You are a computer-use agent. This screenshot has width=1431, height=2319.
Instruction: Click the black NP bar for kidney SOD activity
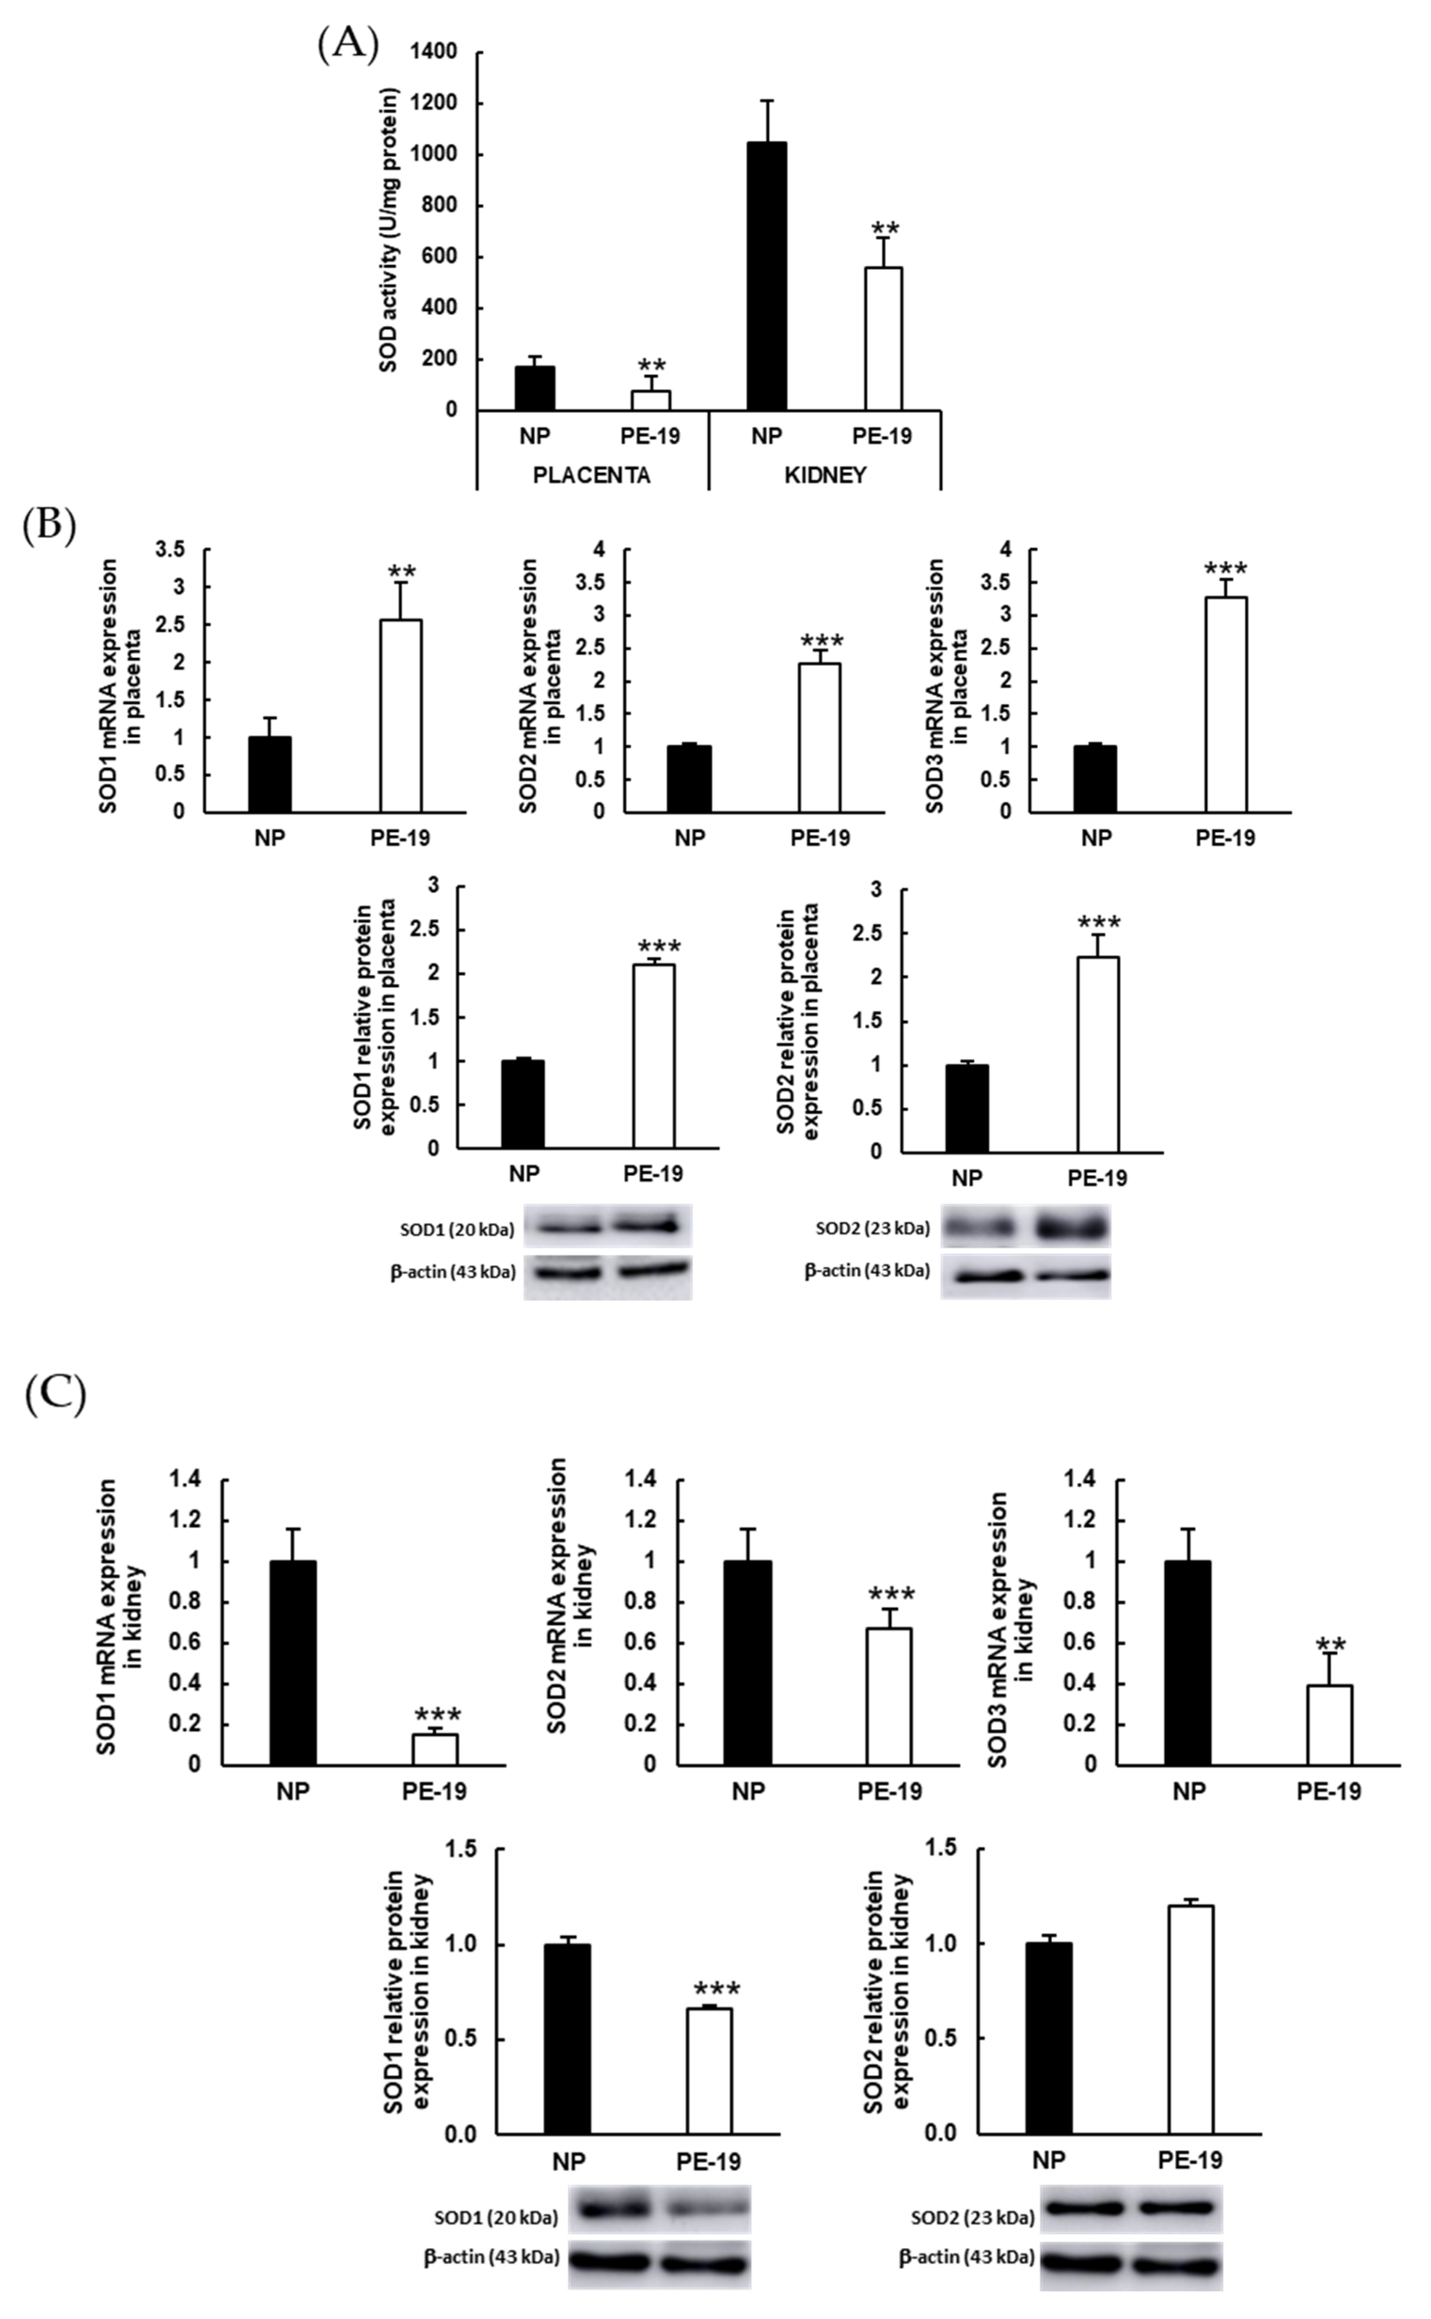tap(767, 276)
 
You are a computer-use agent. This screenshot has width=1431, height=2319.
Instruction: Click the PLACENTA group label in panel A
tap(591, 475)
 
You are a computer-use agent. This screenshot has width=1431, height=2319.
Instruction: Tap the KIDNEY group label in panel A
tap(826, 475)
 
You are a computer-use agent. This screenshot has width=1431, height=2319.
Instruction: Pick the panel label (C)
tap(55, 1395)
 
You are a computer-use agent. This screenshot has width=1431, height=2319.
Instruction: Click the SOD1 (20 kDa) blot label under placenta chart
tap(457, 1229)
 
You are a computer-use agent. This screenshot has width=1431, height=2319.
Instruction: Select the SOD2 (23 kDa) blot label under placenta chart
tap(873, 1228)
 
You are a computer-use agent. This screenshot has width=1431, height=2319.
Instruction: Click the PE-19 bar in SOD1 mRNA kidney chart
tap(434, 1748)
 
